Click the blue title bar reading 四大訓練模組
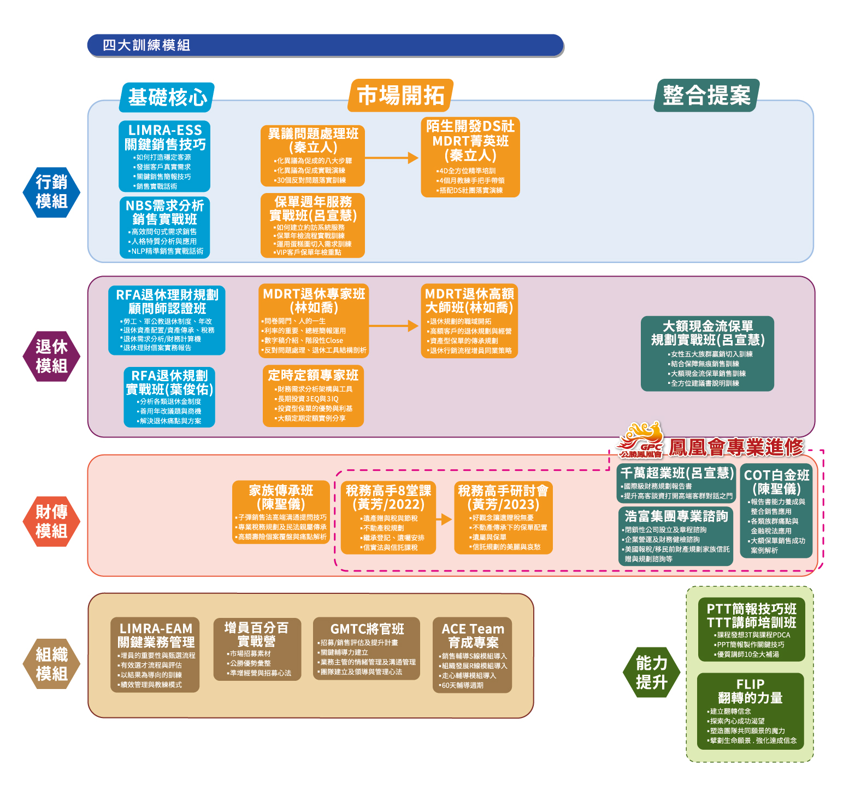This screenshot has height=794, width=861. point(325,45)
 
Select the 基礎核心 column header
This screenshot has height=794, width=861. point(167,97)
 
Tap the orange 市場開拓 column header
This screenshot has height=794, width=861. point(400,95)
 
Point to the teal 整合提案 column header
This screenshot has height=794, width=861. point(706,95)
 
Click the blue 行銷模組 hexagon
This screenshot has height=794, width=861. point(51,192)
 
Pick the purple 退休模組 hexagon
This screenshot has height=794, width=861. point(51,356)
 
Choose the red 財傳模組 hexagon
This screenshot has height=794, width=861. point(51,521)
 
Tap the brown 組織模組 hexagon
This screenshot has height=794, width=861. point(51,664)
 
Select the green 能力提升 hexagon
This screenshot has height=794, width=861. point(651,673)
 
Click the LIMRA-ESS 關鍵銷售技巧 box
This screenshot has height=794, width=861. point(164,156)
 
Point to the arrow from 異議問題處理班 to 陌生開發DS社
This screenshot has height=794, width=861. point(392,158)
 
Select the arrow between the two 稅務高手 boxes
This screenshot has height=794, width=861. point(445,519)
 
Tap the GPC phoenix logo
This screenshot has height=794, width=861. point(640,440)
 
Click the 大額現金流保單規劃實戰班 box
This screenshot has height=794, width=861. point(707,353)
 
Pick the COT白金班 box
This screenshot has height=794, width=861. point(776,511)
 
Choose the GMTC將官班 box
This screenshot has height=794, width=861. point(367,649)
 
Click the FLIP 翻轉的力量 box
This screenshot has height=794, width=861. point(750,711)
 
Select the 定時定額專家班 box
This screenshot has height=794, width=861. point(313,396)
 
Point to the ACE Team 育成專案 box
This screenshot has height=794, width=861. point(472,655)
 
